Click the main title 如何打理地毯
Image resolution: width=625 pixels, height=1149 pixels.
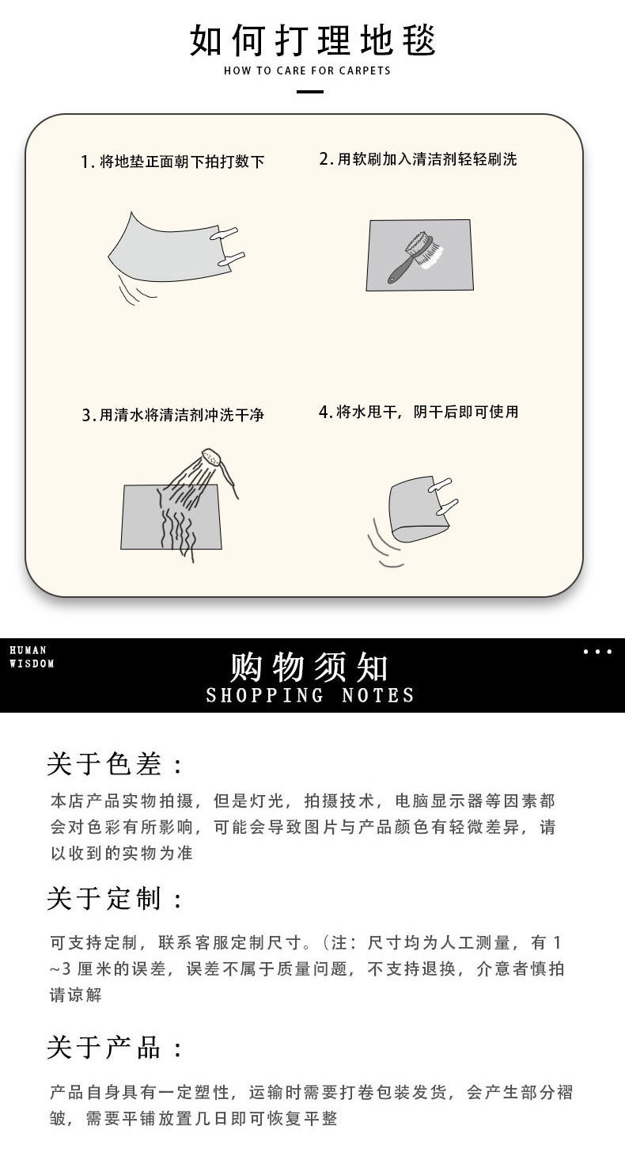pyautogui.click(x=312, y=40)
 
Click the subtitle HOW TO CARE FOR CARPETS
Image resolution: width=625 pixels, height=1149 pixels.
pyautogui.click(x=308, y=70)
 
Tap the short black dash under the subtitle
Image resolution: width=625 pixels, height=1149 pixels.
pyautogui.click(x=309, y=92)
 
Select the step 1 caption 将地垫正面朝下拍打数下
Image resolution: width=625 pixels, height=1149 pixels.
pyautogui.click(x=172, y=162)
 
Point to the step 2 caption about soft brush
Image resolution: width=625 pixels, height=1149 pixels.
pyautogui.click(x=418, y=159)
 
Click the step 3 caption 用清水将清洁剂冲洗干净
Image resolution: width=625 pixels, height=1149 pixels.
pyautogui.click(x=172, y=415)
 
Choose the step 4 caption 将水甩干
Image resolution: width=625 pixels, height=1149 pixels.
pyautogui.click(x=419, y=412)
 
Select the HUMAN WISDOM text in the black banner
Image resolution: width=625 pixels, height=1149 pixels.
pyautogui.click(x=32, y=657)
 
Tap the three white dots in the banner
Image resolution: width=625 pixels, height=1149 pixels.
pyautogui.click(x=597, y=652)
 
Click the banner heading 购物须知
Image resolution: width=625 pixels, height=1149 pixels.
pyautogui.click(x=309, y=668)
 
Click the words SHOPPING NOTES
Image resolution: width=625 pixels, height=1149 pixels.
pyautogui.click(x=309, y=696)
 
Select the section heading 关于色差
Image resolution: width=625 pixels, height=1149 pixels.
pyautogui.click(x=115, y=764)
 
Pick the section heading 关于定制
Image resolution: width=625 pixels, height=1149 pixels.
pyautogui.click(x=115, y=899)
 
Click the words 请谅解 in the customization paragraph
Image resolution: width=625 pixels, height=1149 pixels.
pyautogui.click(x=76, y=995)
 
